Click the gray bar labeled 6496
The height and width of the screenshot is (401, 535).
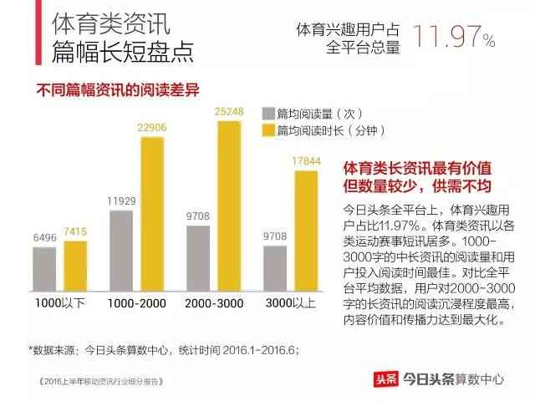(x=44, y=267)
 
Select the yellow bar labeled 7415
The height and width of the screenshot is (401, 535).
(x=75, y=264)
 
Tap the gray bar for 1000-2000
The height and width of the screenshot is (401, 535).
(x=121, y=249)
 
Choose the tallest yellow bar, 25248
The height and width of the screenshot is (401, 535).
(x=229, y=205)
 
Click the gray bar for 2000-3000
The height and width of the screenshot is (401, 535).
(x=198, y=256)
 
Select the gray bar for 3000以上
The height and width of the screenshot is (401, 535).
(x=275, y=266)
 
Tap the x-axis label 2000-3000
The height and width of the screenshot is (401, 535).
(x=214, y=302)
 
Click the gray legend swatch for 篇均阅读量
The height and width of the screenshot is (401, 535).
(x=268, y=114)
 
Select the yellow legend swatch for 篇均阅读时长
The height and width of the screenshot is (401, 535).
(x=268, y=130)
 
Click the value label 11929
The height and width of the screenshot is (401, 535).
(x=121, y=200)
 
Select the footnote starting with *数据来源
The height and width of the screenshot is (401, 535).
(x=164, y=350)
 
